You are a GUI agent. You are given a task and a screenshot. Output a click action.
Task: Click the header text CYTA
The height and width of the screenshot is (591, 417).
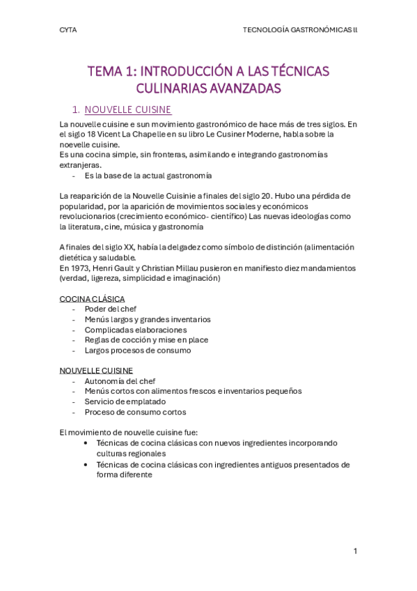click(x=68, y=30)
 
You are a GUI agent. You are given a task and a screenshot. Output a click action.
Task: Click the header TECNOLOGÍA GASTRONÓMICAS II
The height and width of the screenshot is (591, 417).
click(x=300, y=30)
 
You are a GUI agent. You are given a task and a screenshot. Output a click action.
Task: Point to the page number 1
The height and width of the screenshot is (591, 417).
click(x=355, y=551)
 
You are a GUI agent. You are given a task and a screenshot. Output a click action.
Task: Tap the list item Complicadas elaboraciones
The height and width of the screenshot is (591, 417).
click(x=136, y=330)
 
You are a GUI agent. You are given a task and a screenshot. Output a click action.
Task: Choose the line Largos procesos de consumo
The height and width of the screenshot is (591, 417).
click(x=137, y=350)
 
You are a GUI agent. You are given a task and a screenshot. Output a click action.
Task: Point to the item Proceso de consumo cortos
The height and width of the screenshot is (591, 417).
click(x=135, y=412)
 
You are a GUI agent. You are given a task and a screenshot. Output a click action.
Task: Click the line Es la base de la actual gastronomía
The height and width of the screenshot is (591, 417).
click(x=148, y=175)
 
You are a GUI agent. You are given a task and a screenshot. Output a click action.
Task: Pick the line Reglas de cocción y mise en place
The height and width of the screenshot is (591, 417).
click(x=146, y=340)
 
